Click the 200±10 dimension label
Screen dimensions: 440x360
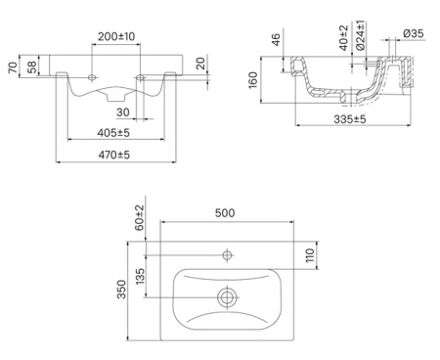[x=116, y=36]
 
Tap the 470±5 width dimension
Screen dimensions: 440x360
[x=114, y=155]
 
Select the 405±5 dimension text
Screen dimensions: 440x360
[x=113, y=133]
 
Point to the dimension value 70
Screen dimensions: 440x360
[x=13, y=67]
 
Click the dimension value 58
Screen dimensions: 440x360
[x=32, y=67]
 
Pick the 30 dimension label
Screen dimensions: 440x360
[x=123, y=112]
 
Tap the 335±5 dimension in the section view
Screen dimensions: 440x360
[x=350, y=119]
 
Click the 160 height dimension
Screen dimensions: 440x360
[x=253, y=80]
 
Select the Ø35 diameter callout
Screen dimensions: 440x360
[x=414, y=33]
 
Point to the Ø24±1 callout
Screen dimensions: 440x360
[x=361, y=35]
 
